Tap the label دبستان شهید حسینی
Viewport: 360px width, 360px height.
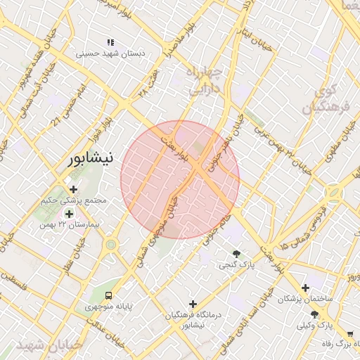110,53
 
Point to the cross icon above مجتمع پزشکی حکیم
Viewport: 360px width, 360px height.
74,189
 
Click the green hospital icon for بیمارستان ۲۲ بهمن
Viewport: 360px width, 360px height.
69,213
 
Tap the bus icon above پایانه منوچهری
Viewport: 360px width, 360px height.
109,295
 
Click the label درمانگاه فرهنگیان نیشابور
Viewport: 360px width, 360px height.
192,320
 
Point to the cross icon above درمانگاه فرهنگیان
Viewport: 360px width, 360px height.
192,304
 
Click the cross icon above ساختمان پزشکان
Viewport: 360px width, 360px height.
304,287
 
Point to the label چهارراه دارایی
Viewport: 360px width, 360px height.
205,81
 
